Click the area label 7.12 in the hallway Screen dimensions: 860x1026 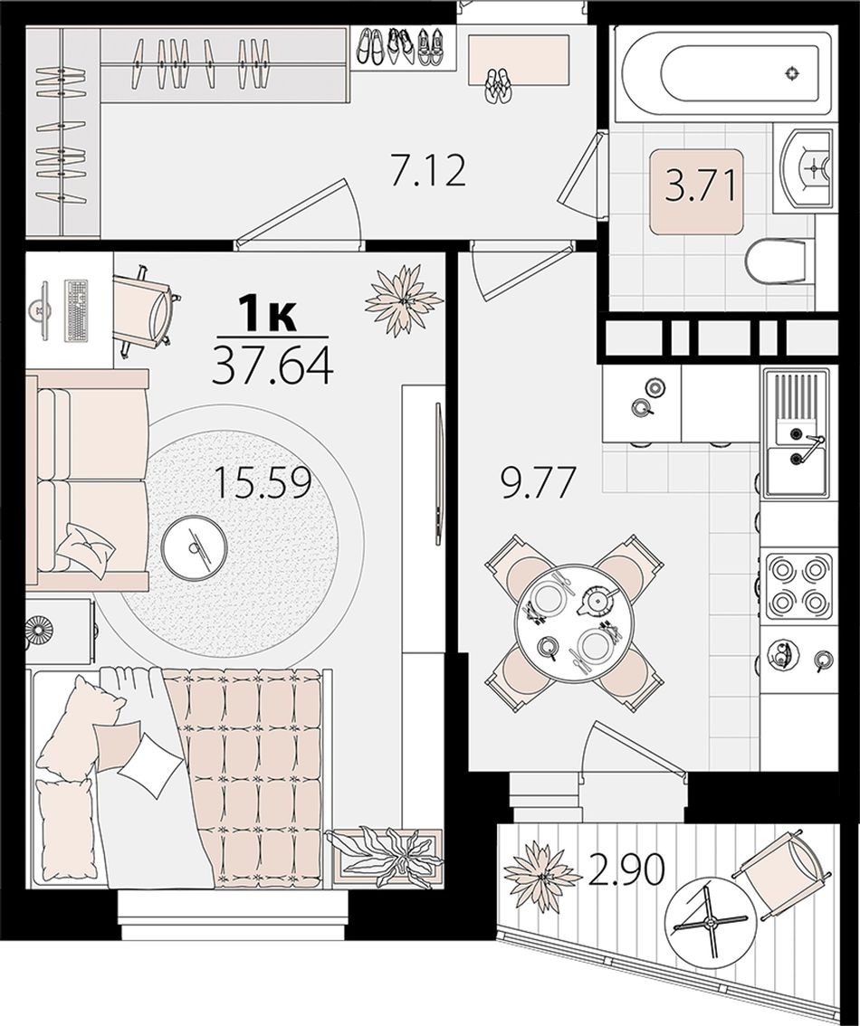pyautogui.click(x=428, y=171)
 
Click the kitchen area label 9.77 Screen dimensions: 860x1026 pyautogui.click(x=539, y=483)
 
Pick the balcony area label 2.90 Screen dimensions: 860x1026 pyautogui.click(x=626, y=869)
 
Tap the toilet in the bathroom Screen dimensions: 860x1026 pyautogui.click(x=776, y=261)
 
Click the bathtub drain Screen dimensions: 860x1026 pyautogui.click(x=792, y=73)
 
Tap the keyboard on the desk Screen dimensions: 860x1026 pyautogui.click(x=76, y=310)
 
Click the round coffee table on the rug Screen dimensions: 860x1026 pyautogui.click(x=194, y=545)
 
